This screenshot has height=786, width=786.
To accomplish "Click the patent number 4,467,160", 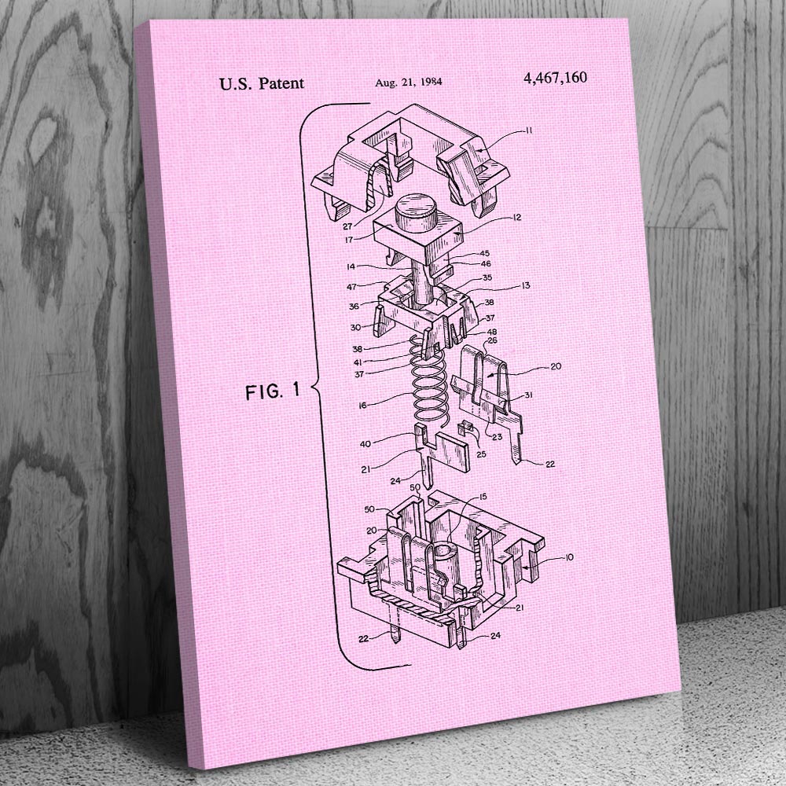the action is [x=555, y=78].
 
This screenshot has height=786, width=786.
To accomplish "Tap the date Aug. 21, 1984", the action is [x=409, y=82].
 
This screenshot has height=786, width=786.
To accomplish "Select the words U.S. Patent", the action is [x=262, y=83].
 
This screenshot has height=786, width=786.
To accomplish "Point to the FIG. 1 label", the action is [x=273, y=391].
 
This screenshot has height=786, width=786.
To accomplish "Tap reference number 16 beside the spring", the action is [x=363, y=405].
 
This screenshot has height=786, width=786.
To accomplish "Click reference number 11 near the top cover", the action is [x=528, y=130].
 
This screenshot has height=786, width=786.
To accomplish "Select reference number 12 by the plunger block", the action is [x=517, y=217].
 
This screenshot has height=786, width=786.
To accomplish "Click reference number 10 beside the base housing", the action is [x=568, y=557].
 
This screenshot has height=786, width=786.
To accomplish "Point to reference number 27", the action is [x=348, y=226].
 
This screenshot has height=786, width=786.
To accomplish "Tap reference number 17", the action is [x=349, y=240].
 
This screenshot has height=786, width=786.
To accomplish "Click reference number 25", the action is [x=481, y=454].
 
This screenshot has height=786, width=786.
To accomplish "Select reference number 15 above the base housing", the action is [x=483, y=497].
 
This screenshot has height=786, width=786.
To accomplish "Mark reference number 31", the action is [x=528, y=395].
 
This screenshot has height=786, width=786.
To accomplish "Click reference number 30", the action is [x=355, y=327].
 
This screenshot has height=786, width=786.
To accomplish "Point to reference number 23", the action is [x=497, y=436].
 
